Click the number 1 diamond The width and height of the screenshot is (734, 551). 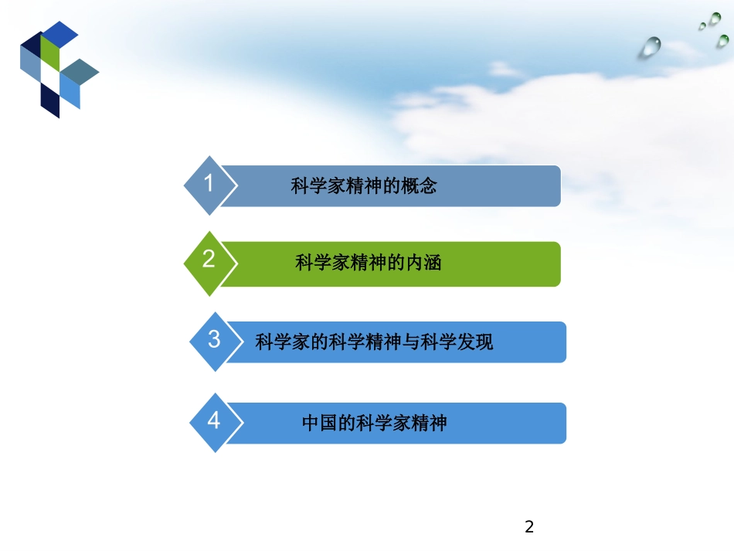click(209, 185)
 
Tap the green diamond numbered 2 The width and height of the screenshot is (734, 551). click(209, 260)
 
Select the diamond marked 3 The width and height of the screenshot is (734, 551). click(214, 340)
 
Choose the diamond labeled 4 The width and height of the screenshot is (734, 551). click(214, 420)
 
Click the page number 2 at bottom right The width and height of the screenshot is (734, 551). click(529, 528)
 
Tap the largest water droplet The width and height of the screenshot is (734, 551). click(650, 47)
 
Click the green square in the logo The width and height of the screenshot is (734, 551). click(50, 53)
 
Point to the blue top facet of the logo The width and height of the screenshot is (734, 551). click(59, 32)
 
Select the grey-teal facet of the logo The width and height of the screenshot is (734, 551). click(80, 72)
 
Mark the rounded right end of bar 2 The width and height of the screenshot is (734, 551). click(554, 264)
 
